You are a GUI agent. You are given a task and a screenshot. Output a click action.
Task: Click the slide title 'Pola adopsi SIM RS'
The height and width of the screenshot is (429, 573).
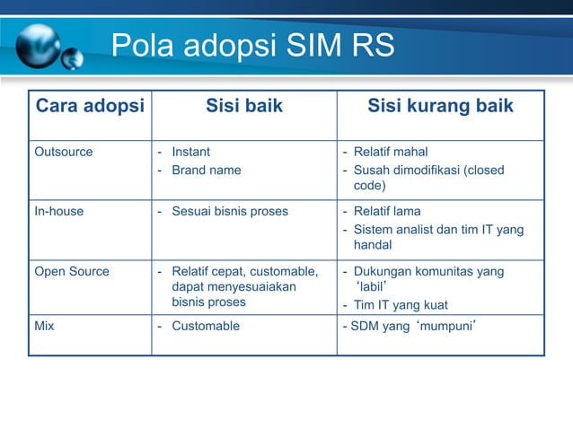252,46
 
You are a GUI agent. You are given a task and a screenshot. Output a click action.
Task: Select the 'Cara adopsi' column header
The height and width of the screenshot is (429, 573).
89,107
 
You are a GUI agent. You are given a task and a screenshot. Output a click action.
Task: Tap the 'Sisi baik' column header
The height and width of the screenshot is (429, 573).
244,107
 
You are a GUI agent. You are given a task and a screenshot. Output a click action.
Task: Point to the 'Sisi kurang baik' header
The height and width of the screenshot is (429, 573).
440,107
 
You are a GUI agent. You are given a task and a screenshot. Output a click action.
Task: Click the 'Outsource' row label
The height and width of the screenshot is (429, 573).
64,152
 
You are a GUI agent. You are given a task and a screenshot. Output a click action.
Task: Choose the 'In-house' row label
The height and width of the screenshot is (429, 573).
59,212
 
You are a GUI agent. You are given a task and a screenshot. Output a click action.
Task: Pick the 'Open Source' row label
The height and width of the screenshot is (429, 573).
72,272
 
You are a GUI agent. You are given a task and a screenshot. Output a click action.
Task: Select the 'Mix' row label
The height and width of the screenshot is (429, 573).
44,326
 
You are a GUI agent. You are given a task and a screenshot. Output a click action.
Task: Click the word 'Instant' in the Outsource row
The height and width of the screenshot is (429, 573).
191,152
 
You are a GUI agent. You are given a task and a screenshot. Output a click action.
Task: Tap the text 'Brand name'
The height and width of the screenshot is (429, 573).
207,170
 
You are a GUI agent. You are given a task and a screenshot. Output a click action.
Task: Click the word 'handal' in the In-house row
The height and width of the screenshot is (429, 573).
372,245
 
